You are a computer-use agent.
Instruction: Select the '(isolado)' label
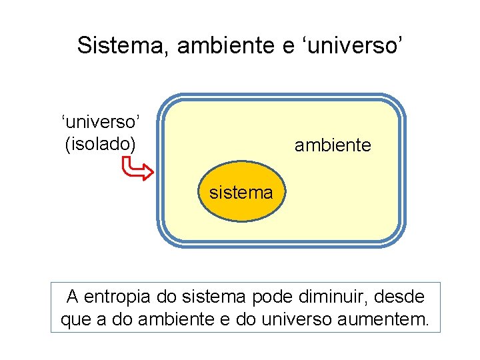(x=100, y=143)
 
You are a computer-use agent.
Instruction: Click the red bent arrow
(x=139, y=169)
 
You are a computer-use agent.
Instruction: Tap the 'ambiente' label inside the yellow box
(x=333, y=145)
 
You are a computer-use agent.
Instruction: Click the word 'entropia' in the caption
(x=116, y=295)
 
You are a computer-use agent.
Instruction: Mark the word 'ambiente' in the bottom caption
(x=175, y=319)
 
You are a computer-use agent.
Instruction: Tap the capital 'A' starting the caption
(x=73, y=295)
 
